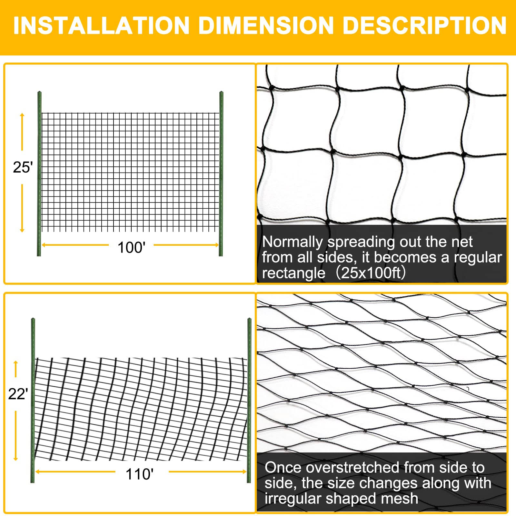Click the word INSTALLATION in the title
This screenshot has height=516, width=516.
101,25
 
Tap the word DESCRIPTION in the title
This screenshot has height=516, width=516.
424,25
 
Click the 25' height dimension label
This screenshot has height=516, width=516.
23,167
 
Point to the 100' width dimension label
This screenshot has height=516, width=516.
131,248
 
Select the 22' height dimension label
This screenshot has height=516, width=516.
18,394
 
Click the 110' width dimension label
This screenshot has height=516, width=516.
139,474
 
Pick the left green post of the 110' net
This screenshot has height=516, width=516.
33,400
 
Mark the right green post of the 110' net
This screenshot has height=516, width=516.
249,400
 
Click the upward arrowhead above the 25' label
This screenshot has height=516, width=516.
22,115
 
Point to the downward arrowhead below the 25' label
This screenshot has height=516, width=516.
22,230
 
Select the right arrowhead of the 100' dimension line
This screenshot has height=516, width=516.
217,245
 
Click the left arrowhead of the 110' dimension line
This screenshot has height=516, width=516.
38,472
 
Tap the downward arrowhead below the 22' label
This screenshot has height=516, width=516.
15,458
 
